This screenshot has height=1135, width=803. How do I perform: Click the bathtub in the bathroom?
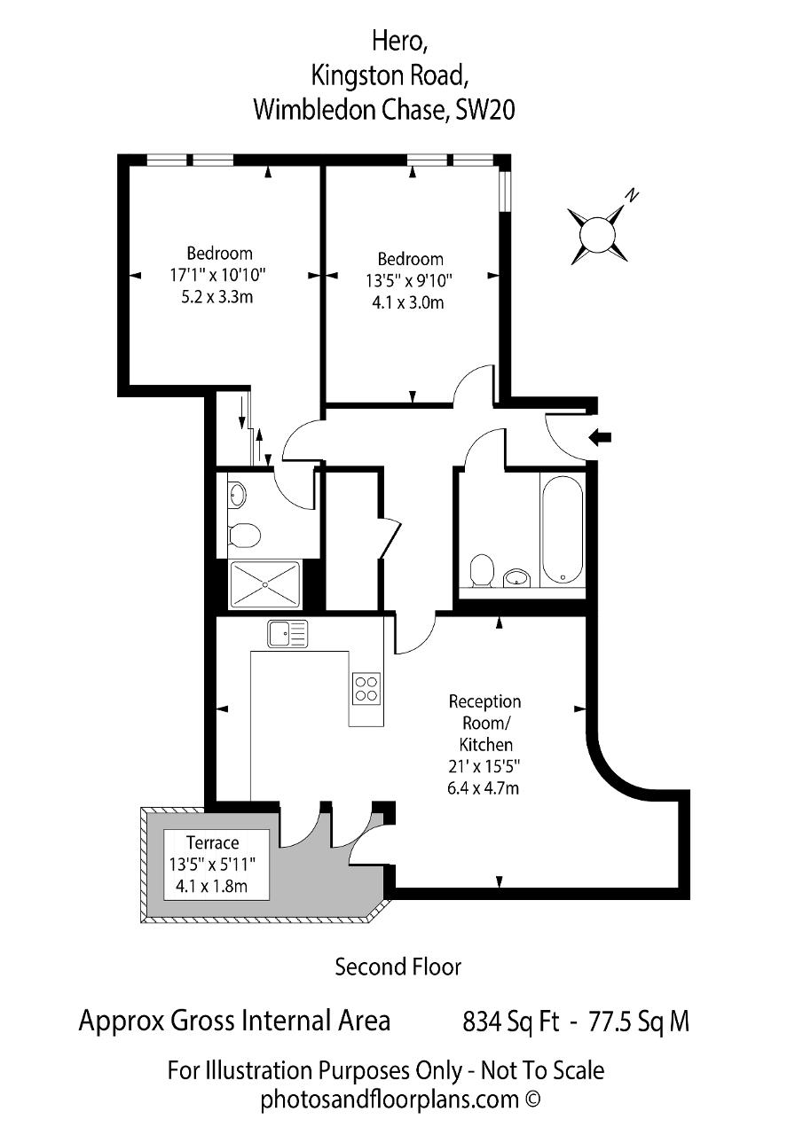tap(561, 530)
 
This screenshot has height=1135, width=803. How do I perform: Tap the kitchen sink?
tap(287, 634)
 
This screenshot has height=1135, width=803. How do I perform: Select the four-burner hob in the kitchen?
tap(366, 688)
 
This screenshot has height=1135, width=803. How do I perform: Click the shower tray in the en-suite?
tap(265, 583)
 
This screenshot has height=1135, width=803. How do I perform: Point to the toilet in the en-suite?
tap(244, 535)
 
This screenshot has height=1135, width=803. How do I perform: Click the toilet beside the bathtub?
tap(482, 571)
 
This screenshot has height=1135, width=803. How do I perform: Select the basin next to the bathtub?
tap(516, 577)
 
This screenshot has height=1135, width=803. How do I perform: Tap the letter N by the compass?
tap(632, 195)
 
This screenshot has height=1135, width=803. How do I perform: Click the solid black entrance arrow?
tap(600, 437)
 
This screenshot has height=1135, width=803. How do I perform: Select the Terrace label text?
tap(212, 842)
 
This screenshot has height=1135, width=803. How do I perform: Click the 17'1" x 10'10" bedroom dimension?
tap(218, 275)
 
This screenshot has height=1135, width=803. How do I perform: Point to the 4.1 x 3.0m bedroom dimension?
tap(407, 302)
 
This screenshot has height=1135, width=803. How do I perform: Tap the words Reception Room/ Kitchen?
tap(484, 723)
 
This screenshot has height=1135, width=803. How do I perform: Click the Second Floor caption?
tap(398, 967)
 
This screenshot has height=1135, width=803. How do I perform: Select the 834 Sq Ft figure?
tap(510, 1021)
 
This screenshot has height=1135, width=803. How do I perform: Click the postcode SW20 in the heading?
tap(485, 109)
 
